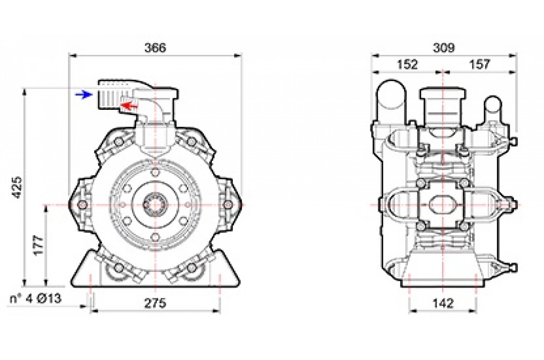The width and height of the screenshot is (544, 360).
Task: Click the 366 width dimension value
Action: [x=155, y=48]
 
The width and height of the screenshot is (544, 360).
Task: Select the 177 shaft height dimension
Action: [x=39, y=245]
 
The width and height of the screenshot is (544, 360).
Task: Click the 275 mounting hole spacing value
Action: [x=155, y=303]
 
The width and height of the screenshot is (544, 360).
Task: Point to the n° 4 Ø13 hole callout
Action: [x=36, y=299]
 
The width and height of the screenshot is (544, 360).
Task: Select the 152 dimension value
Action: [x=407, y=65]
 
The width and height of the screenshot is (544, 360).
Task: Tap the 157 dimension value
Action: [x=479, y=65]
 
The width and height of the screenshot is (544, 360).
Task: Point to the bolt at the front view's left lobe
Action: [x=84, y=205]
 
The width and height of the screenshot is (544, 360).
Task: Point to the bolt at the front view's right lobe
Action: [x=226, y=205]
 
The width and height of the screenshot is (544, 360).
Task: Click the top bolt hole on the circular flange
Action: [x=154, y=173]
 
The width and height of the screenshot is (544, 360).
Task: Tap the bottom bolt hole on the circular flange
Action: [x=154, y=237]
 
